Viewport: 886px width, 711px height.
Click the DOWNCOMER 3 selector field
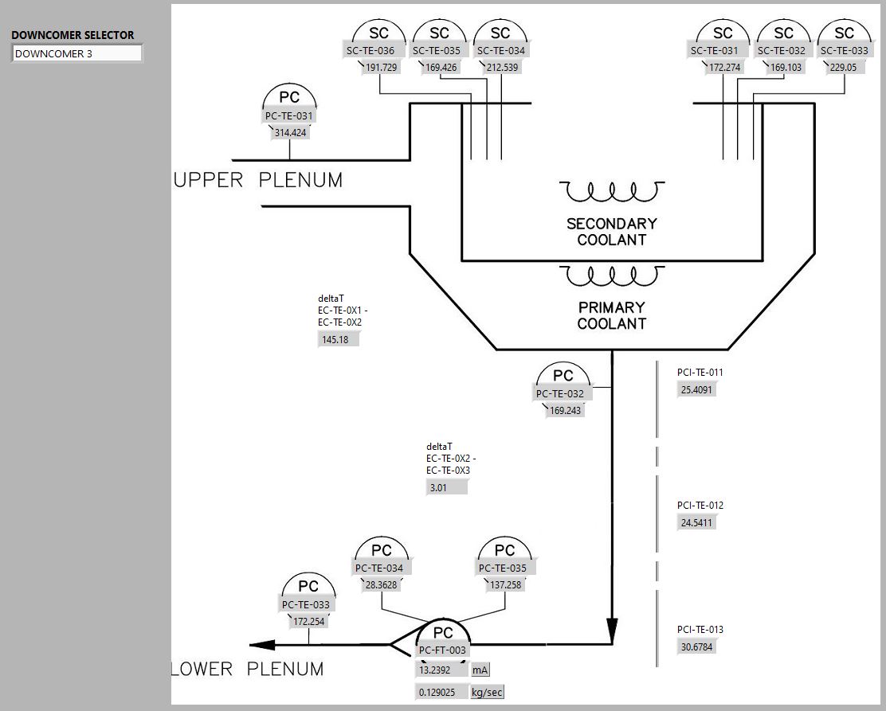click(x=76, y=53)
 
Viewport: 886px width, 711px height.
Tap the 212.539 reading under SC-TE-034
click(x=501, y=68)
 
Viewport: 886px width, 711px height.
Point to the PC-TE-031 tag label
click(x=288, y=116)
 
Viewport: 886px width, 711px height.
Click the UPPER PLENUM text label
click(x=258, y=181)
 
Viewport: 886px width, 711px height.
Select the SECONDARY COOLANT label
click(x=611, y=232)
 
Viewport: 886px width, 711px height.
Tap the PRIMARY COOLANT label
click(x=611, y=315)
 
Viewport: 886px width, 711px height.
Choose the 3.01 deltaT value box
click(x=446, y=487)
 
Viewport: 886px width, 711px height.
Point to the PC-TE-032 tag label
click(x=560, y=394)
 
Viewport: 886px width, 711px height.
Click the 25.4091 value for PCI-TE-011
click(x=696, y=390)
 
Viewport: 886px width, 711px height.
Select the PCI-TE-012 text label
click(x=700, y=506)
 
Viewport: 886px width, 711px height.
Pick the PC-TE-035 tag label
click(x=502, y=568)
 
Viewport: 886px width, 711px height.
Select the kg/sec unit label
click(x=487, y=693)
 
